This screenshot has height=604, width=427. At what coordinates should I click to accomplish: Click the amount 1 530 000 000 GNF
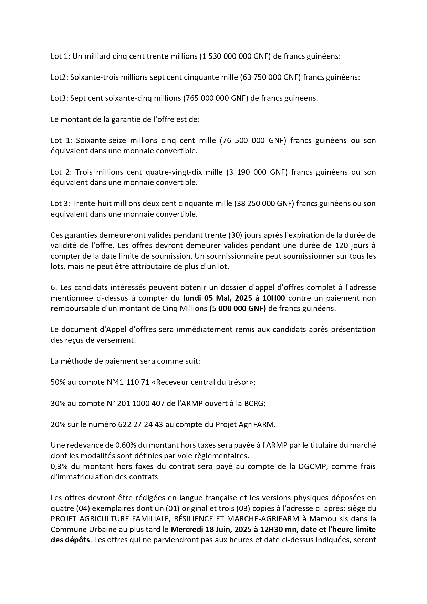pos(235,56)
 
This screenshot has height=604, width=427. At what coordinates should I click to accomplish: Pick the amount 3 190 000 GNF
pos(257,172)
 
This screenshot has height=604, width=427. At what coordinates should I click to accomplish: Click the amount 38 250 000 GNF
pos(264,203)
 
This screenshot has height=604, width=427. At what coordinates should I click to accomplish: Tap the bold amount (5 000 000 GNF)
pos(238,308)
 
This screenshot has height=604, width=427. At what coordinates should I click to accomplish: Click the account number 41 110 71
pos(133,382)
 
